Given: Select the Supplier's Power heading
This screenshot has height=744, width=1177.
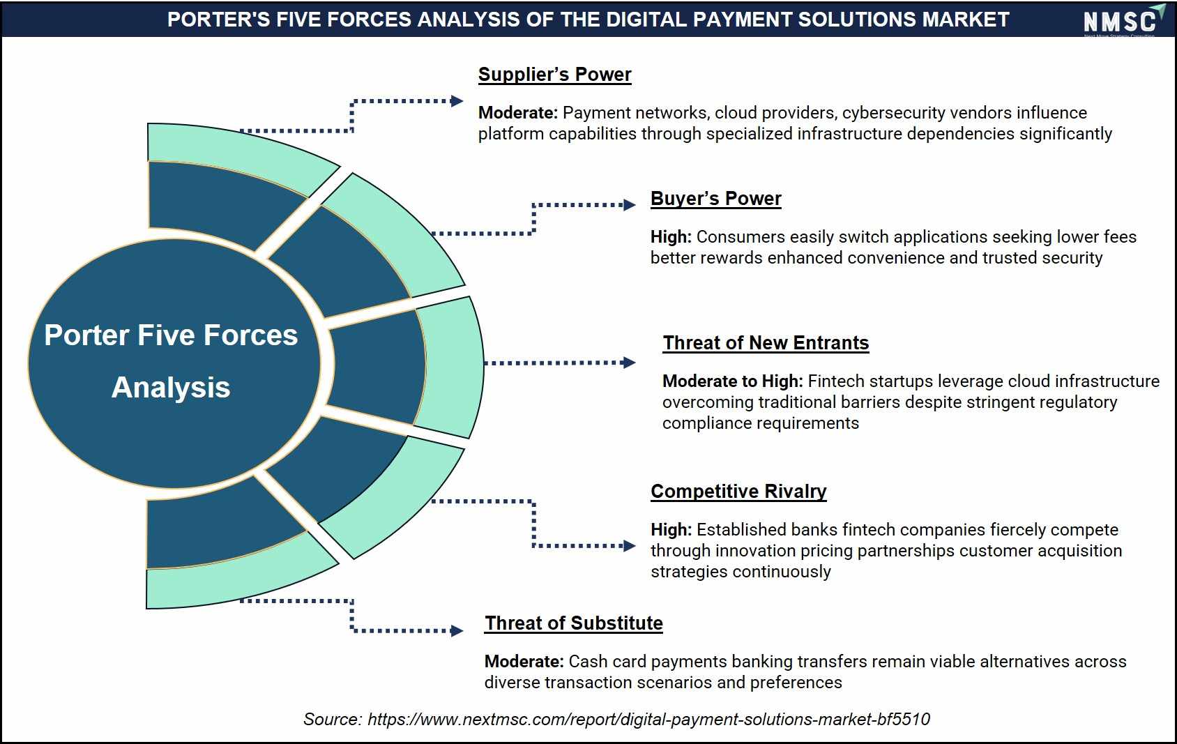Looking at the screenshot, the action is click(x=554, y=75).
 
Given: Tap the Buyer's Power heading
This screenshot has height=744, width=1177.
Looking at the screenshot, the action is click(x=715, y=199).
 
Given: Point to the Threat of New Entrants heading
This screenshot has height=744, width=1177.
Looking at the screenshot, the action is click(x=766, y=343).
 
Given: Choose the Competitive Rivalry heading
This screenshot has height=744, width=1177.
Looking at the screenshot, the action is click(x=738, y=492).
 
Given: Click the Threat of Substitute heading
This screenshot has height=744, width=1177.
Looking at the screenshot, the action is click(x=573, y=623).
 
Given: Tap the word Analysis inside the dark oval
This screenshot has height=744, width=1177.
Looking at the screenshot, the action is click(x=171, y=388).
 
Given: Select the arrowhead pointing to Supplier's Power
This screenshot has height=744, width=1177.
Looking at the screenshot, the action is click(x=457, y=101).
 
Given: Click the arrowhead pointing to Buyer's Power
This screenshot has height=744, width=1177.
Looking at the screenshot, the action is click(x=629, y=205).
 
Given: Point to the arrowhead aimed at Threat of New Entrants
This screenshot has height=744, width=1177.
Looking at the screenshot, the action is click(x=629, y=363).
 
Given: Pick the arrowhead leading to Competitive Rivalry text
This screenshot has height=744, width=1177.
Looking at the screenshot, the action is click(x=629, y=546).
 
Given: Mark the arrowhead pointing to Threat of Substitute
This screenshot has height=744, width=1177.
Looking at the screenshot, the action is click(x=457, y=630).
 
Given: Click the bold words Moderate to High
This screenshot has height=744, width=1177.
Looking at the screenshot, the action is click(x=732, y=381).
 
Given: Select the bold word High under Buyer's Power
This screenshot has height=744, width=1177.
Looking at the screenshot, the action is click(x=671, y=237).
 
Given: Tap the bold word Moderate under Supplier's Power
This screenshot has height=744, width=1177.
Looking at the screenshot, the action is click(x=517, y=112).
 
